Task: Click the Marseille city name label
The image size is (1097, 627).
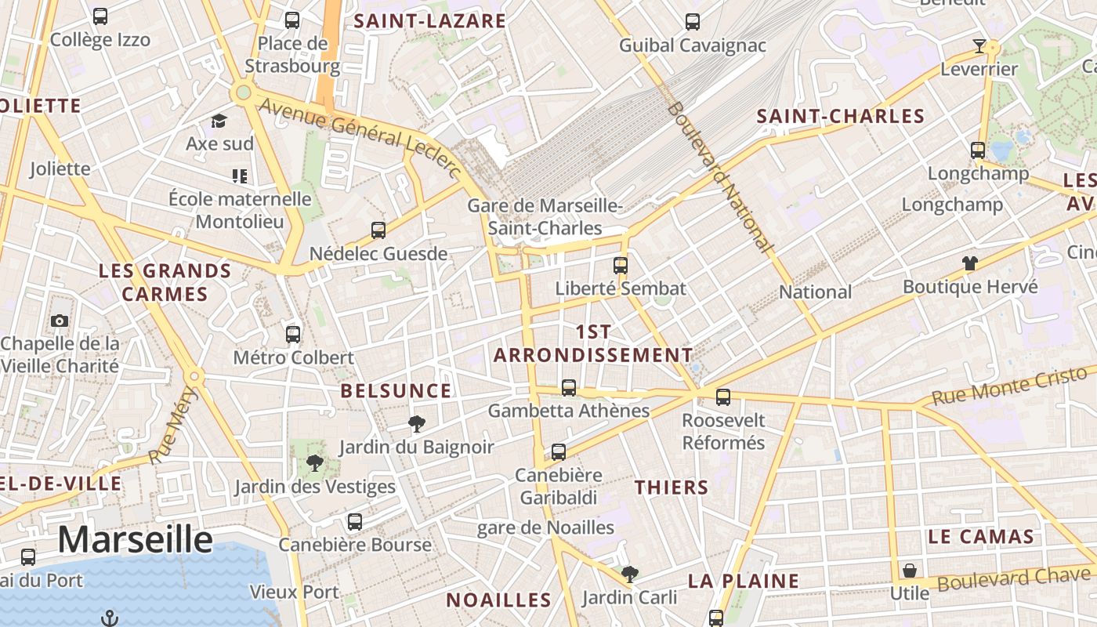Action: point(135,540)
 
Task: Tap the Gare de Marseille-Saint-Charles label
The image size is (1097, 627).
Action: point(545,217)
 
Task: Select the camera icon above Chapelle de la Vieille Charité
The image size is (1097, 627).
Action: point(59,321)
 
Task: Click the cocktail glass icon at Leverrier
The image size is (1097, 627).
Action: point(979,46)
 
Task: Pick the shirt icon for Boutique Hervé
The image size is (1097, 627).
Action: point(970,263)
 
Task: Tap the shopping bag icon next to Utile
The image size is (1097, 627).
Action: point(909,570)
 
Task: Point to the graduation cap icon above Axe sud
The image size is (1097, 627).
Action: point(219,121)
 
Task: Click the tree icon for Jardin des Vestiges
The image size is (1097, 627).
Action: point(314,462)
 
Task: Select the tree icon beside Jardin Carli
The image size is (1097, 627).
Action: point(629,574)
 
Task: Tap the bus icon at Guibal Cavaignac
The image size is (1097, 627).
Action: point(693,21)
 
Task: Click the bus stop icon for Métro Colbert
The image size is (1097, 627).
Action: point(293,334)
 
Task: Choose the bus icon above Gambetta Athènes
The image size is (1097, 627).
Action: point(569,387)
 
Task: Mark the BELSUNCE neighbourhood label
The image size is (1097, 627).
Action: point(396,391)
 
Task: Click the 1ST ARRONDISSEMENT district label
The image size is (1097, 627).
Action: point(593,343)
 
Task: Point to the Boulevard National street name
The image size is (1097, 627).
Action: point(719,176)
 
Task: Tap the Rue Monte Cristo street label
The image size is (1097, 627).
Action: point(1010,387)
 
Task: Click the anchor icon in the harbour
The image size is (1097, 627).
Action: point(110,618)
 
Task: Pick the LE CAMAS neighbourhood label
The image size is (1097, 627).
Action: point(980,537)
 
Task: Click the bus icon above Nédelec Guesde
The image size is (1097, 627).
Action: point(378,230)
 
